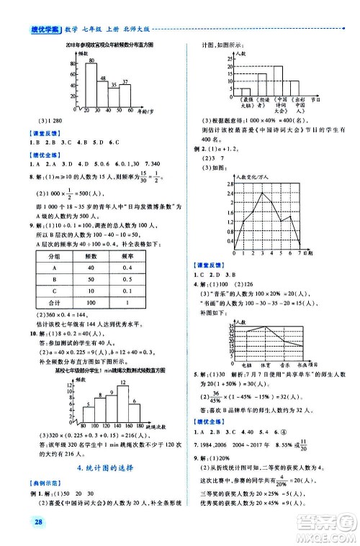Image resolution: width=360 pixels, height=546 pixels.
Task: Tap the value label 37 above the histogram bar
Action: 125,83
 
